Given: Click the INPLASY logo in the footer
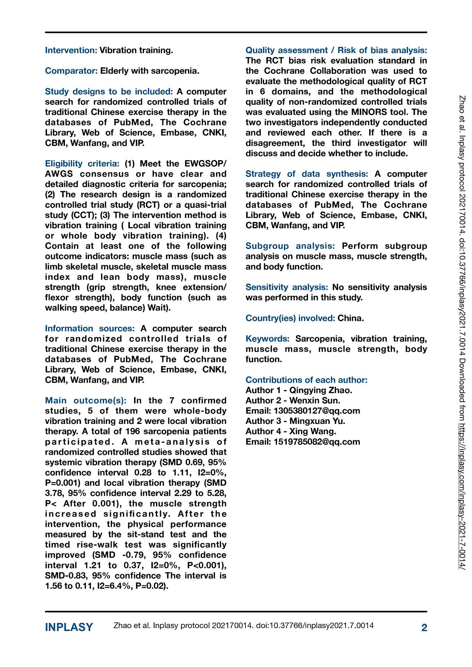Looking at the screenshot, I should coord(69,627).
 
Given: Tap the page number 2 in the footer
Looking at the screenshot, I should coord(424,627).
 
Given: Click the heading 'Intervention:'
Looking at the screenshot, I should coord(71,50).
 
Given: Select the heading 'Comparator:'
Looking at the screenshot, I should coord(72,71).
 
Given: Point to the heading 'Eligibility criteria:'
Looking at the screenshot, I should coord(82,163).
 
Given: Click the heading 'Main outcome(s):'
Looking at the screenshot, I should coord(86,401).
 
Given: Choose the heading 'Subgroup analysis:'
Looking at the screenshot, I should coord(290,246).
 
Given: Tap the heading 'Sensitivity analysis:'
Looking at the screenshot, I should coord(287,287).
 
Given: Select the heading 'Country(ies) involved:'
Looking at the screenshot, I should coord(290,318).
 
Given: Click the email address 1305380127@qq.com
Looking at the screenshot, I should coord(317,411).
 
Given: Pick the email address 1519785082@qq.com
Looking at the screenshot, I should coord(317,442).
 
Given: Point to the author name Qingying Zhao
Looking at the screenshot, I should coord(321,390).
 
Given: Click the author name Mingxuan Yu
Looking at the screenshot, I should coord(317,421).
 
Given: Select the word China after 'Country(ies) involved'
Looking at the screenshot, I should coord(351,318).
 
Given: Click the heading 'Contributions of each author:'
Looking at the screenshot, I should coord(307,380).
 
